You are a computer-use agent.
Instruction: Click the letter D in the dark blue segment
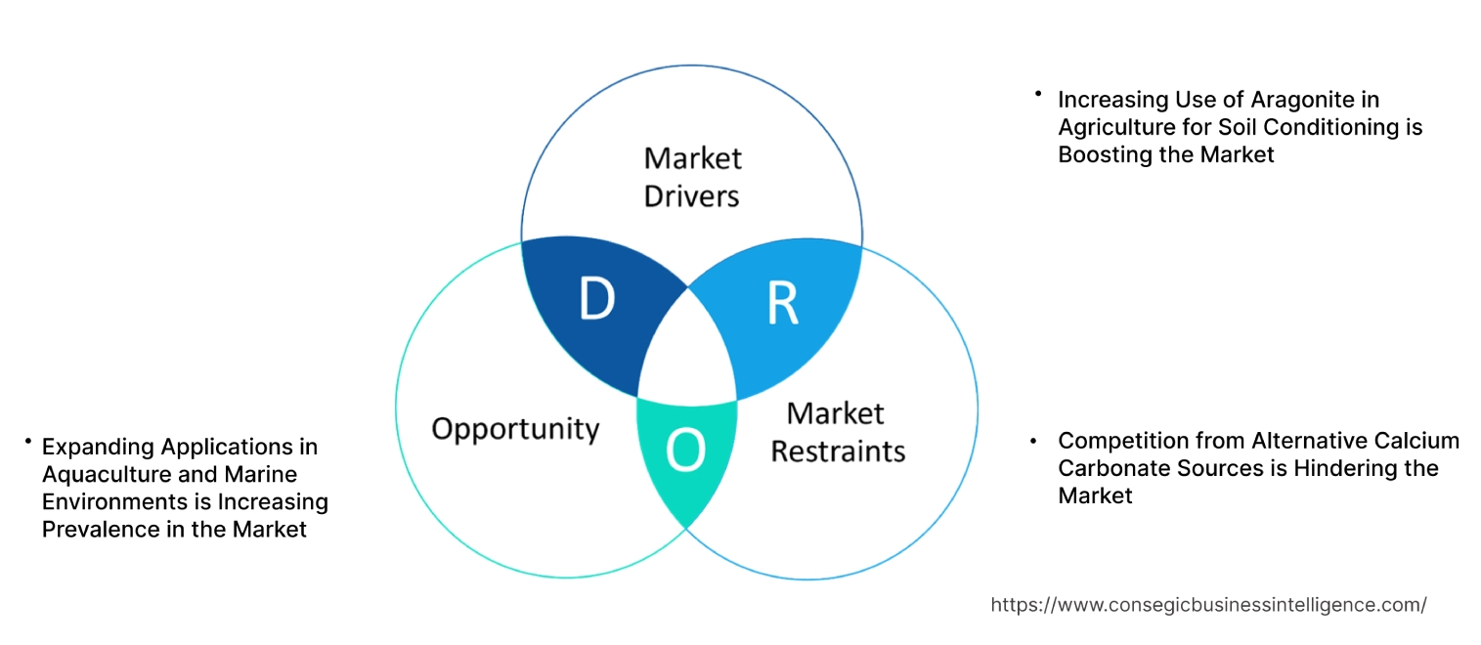click(x=596, y=300)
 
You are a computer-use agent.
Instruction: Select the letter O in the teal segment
click(x=685, y=451)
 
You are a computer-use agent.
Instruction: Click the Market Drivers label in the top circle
click(x=692, y=177)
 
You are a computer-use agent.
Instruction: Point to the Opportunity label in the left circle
click(x=515, y=428)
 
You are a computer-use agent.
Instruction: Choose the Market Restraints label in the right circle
click(x=837, y=432)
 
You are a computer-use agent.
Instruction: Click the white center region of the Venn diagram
click(x=687, y=352)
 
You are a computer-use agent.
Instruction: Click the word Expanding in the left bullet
click(x=98, y=447)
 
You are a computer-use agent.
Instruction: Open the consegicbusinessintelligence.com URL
click(x=1208, y=605)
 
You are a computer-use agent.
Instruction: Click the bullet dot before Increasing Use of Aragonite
click(x=1037, y=94)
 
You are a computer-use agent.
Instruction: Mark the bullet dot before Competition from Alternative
click(x=1033, y=441)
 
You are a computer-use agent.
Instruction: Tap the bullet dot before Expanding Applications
click(x=28, y=443)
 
